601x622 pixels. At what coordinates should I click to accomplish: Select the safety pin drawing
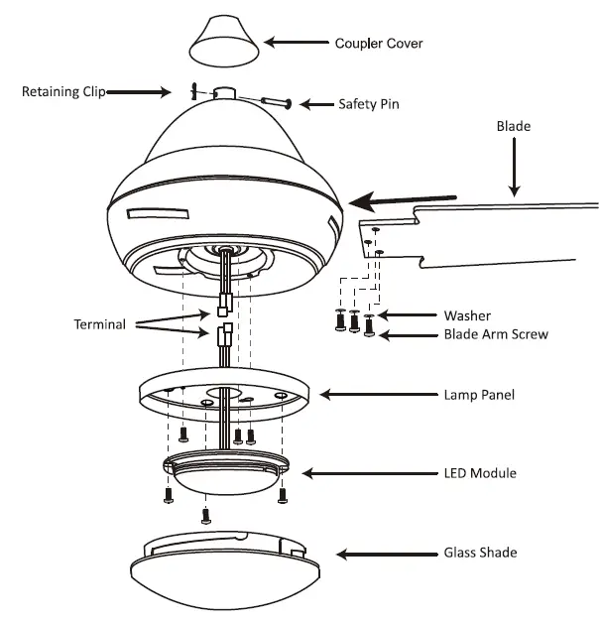(x=275, y=100)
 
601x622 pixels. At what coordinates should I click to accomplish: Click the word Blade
(x=514, y=127)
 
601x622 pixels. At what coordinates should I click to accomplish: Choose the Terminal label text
(x=100, y=324)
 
